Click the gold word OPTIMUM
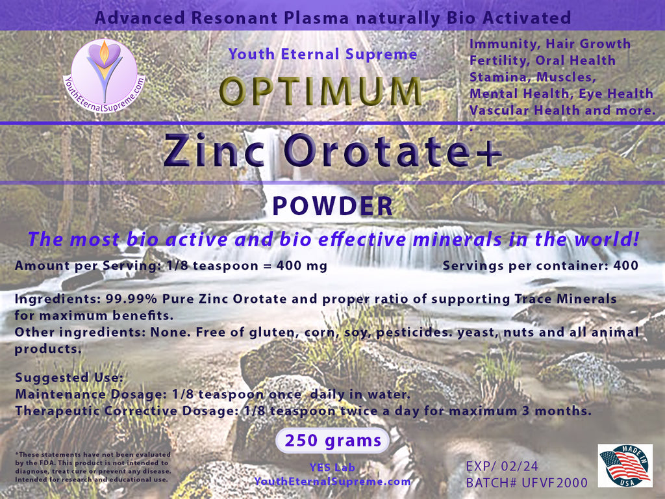tap(320, 91)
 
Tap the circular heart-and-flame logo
tap(105, 76)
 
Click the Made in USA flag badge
tap(625, 465)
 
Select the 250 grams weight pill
tap(332, 441)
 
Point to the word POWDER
tap(332, 206)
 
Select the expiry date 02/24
tap(520, 467)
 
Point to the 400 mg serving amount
tap(301, 266)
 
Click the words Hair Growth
tap(588, 44)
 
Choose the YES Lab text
tap(332, 467)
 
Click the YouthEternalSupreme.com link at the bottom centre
tap(332, 481)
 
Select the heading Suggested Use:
tap(69, 377)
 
